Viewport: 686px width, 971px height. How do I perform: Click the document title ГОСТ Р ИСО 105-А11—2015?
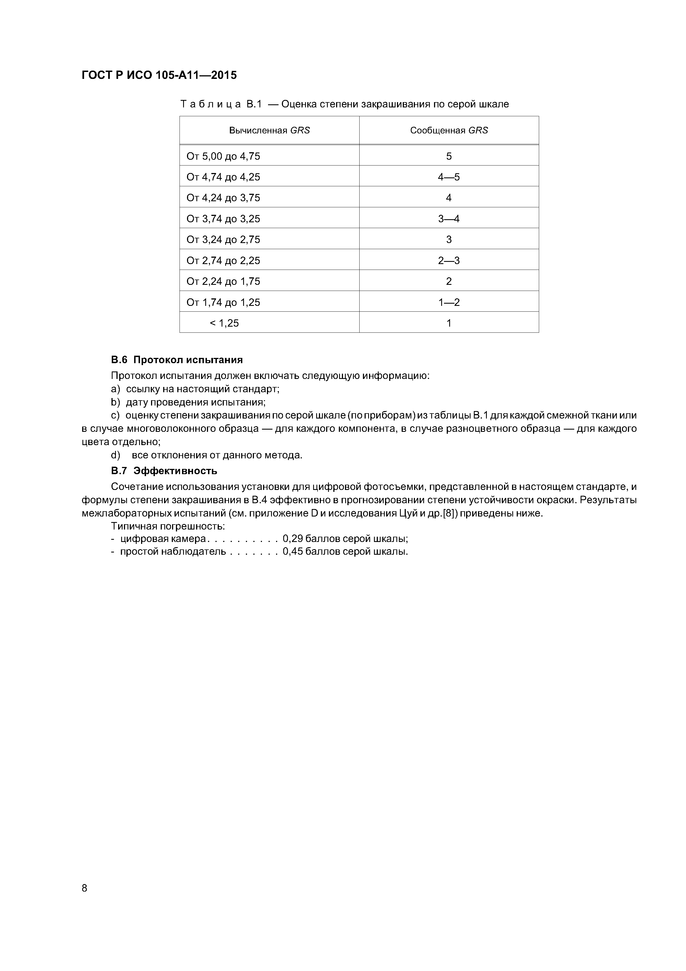(x=159, y=75)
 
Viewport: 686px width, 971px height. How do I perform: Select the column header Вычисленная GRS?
(x=269, y=130)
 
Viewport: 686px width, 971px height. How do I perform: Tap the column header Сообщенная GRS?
(x=449, y=130)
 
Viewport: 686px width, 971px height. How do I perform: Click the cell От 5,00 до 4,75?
(x=223, y=156)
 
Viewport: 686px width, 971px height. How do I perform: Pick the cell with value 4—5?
(x=449, y=177)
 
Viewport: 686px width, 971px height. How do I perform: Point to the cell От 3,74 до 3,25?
(x=223, y=219)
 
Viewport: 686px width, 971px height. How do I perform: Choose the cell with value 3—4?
(x=449, y=219)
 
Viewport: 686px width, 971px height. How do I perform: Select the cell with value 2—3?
(x=449, y=260)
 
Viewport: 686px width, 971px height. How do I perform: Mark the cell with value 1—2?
(x=449, y=302)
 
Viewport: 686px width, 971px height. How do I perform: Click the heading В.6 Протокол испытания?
(x=177, y=360)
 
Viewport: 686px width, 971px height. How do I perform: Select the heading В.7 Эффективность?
(x=164, y=471)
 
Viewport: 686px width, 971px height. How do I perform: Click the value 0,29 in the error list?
(x=292, y=539)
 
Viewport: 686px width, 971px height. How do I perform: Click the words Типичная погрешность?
(x=168, y=526)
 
